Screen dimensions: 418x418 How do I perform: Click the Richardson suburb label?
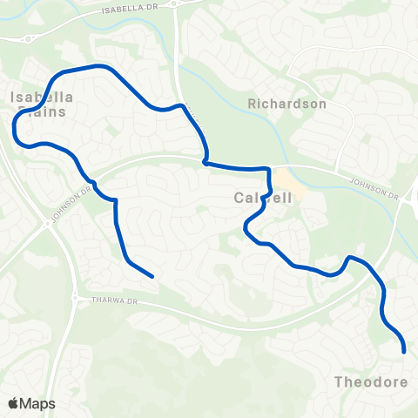(287, 104)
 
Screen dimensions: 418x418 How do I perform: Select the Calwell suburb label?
(262, 199)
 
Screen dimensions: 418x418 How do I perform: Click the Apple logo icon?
(14, 403)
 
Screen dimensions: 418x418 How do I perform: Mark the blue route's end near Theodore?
(405, 351)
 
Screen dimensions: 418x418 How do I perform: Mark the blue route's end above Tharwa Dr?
(152, 276)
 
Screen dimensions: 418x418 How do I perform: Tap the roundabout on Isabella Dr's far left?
(28, 37)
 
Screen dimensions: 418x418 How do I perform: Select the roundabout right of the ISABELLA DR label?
(176, 5)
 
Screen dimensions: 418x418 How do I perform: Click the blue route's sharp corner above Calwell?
(205, 161)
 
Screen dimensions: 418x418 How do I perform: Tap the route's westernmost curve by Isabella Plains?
(15, 129)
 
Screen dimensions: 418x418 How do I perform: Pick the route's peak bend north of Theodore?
(348, 257)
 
